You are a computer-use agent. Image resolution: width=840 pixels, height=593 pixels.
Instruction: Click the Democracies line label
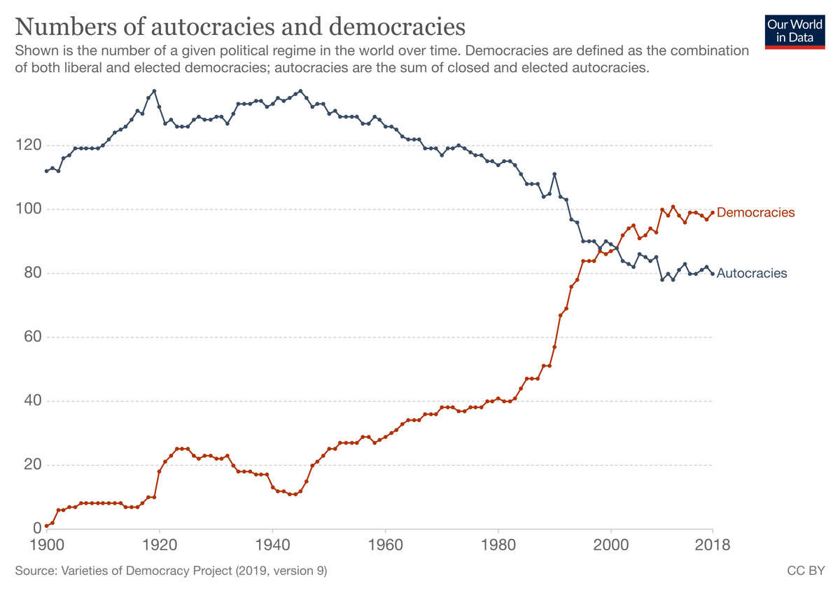756,212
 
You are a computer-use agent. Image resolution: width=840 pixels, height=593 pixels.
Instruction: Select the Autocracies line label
752,274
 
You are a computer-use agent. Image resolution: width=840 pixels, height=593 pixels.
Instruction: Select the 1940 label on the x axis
272,544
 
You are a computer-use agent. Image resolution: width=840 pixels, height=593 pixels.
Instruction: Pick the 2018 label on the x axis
713,544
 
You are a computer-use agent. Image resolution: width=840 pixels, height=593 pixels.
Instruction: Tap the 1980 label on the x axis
498,544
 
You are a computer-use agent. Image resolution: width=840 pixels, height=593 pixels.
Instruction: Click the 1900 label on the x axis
46,544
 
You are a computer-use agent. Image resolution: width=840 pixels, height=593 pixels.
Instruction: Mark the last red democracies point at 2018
713,212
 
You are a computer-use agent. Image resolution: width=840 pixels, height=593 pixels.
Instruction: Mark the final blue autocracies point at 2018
713,274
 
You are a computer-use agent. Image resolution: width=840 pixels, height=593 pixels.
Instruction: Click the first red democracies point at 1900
46,525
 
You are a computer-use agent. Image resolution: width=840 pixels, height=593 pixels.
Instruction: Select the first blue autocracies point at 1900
46,171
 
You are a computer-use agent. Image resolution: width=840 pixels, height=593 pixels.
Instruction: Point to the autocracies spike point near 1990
554,174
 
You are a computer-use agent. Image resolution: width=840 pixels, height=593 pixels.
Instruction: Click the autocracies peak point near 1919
154,91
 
